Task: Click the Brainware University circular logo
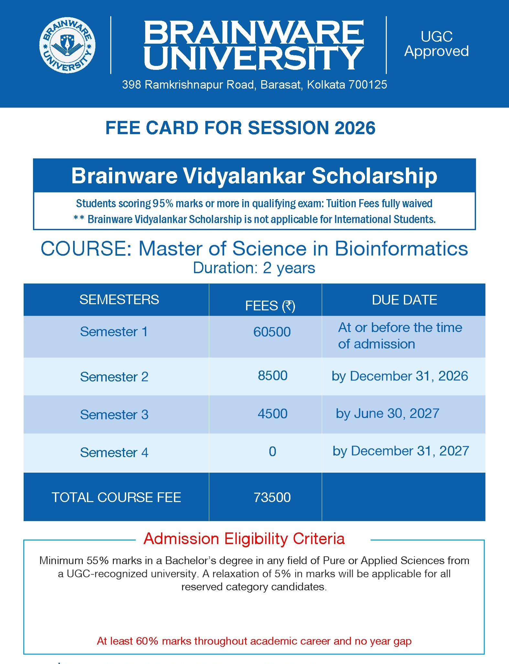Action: pos(67,45)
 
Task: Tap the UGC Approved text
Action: pos(437,44)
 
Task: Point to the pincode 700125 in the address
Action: pos(367,85)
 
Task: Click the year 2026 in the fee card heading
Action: pos(355,128)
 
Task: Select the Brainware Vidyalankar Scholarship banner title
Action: pos(254,176)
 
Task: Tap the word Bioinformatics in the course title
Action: pos(401,249)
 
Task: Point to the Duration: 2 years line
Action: pos(254,268)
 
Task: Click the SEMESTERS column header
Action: pos(119,300)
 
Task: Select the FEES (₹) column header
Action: pos(270,306)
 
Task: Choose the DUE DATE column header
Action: pos(404,300)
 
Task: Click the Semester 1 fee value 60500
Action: pos(272,332)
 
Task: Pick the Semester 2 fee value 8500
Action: pos(273,376)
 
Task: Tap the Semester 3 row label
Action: pos(114,415)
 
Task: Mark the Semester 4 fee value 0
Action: pos(273,452)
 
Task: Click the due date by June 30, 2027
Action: pos(387,413)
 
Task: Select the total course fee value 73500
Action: pos(272,498)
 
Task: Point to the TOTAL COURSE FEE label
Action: pos(116,498)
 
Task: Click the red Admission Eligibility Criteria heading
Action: pos(244,539)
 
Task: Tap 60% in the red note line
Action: pos(147,641)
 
